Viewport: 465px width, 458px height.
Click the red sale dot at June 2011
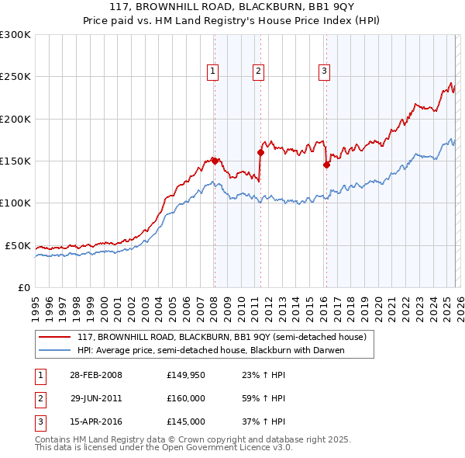click(x=260, y=153)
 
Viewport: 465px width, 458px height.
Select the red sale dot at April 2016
click(x=326, y=165)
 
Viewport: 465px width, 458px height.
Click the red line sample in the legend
click(x=55, y=337)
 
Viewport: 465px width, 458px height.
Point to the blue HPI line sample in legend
click(x=55, y=350)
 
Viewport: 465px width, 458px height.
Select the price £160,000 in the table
click(x=186, y=398)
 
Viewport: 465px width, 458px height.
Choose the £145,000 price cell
click(x=186, y=422)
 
